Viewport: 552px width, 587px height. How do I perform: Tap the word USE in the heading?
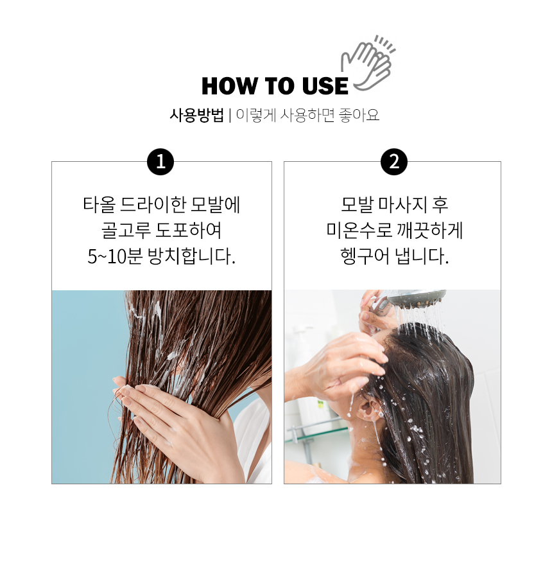click(x=325, y=86)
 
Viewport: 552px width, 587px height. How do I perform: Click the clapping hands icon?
click(x=368, y=63)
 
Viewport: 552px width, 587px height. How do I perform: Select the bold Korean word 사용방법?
click(x=196, y=115)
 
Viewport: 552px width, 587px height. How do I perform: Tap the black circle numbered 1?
click(x=160, y=162)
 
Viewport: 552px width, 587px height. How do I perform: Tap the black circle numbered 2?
click(x=394, y=162)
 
